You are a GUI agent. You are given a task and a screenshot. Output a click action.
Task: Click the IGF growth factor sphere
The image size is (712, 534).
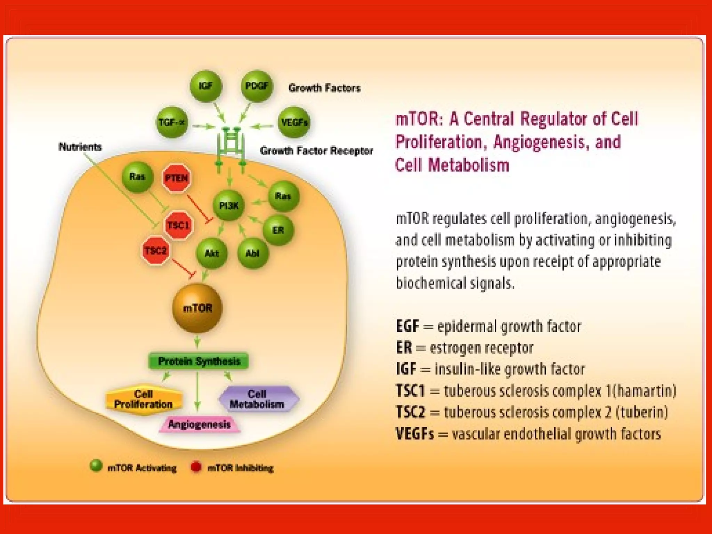[205, 86]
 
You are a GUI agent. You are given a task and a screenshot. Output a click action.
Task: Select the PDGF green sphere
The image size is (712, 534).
[257, 86]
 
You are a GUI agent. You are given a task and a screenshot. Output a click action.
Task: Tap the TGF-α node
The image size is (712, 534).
[172, 122]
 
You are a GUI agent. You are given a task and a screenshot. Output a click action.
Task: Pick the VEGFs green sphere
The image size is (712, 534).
[294, 122]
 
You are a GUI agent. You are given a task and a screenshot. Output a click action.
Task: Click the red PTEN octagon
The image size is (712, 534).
[177, 178]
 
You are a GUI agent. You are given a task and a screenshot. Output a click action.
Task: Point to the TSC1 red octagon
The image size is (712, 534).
[178, 225]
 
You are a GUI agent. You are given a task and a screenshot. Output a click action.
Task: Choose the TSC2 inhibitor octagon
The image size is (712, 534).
[155, 251]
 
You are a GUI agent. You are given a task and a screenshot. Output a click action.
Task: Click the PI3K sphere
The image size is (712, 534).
[229, 206]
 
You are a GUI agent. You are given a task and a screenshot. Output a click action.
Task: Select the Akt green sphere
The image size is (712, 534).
[211, 253]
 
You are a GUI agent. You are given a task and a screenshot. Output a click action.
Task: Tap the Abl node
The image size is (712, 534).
[252, 253]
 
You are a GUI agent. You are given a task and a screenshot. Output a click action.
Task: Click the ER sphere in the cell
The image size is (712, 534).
[278, 230]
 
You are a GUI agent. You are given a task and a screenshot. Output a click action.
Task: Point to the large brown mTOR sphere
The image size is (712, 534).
[197, 308]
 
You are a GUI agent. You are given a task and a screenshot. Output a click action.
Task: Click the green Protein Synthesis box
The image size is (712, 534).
[199, 361]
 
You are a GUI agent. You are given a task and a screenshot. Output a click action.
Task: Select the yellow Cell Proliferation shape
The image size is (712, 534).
[143, 399]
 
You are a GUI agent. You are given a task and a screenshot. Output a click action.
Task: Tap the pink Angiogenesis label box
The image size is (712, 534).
[199, 424]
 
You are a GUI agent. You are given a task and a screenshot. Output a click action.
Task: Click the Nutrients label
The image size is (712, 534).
[80, 147]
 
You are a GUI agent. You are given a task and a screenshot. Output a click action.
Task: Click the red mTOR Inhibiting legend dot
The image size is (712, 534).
[196, 467]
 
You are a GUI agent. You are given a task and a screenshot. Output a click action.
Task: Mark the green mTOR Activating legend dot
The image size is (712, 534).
[96, 466]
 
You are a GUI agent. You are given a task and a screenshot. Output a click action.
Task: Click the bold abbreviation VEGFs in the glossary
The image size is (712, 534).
[415, 434]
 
